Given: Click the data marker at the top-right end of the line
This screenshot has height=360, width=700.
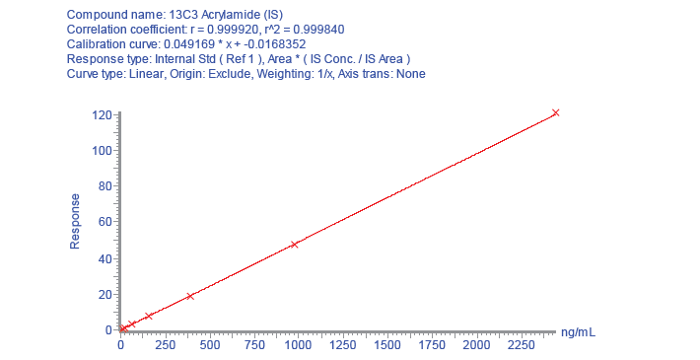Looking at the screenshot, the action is [x=555, y=112].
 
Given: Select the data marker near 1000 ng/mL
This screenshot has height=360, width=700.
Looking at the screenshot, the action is [x=294, y=245].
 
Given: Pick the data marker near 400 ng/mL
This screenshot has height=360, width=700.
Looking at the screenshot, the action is [x=189, y=296].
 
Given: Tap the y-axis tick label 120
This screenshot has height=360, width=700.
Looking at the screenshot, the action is [x=102, y=115].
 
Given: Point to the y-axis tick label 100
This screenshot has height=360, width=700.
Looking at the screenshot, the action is [x=102, y=151].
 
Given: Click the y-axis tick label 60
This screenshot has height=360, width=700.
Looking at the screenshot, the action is [x=105, y=222].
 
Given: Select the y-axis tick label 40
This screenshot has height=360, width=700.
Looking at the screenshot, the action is [x=105, y=259].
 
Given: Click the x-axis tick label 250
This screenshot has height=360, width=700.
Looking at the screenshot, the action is [x=166, y=345].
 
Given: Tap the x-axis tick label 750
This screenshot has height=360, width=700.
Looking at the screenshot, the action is [x=254, y=345].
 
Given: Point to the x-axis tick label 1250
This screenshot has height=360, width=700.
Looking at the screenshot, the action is [x=343, y=345].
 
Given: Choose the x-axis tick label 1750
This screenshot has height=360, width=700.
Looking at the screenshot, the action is [x=432, y=345].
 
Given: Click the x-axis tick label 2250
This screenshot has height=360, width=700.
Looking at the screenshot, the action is [x=521, y=345].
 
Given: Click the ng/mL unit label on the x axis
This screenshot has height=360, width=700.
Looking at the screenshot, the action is [x=578, y=332].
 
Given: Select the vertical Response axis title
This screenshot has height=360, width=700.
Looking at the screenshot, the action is [x=75, y=222].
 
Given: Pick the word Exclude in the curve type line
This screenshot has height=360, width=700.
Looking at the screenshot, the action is [x=230, y=74].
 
